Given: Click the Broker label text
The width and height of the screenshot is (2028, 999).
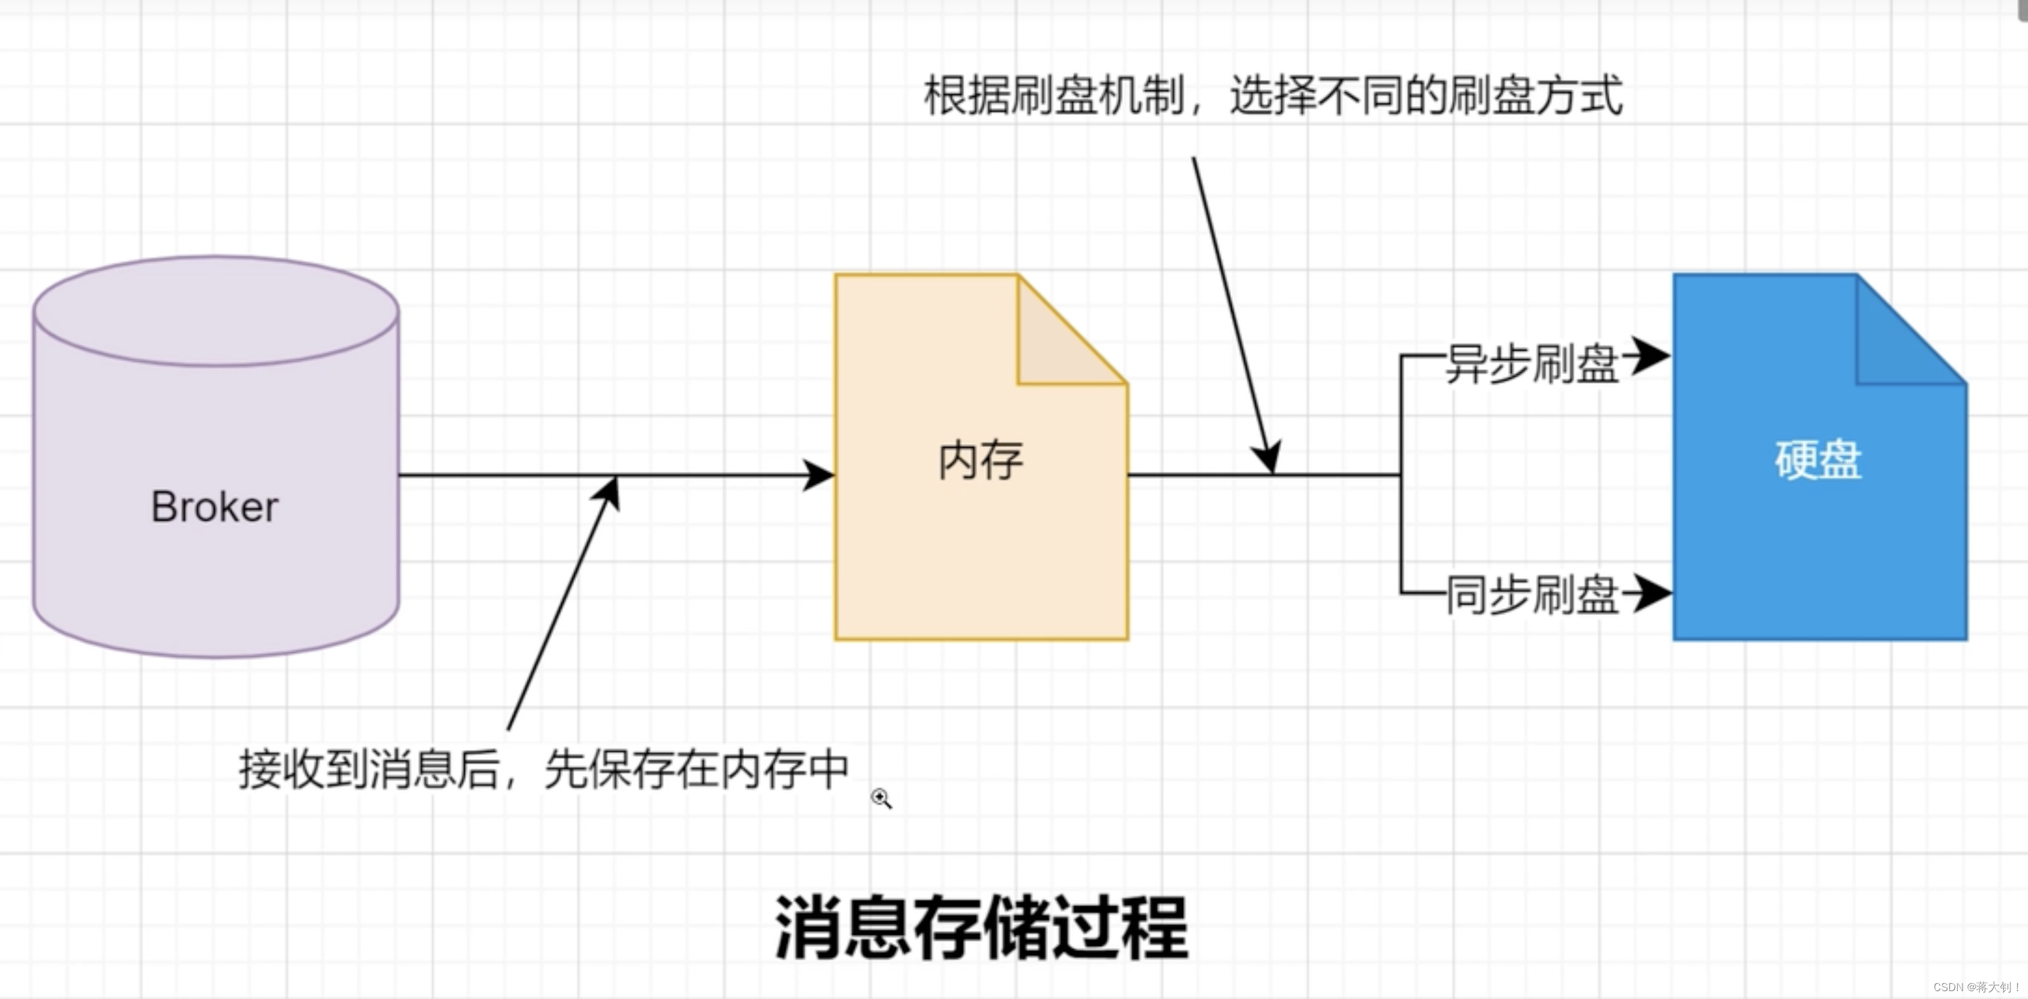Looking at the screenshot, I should coord(214,506).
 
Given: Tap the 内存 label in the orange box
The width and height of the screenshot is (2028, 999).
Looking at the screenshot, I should coord(980,461).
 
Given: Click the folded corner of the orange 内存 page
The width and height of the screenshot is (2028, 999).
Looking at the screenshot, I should coord(1055,346).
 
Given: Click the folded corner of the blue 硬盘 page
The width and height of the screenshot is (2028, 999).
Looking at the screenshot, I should coord(1894,346).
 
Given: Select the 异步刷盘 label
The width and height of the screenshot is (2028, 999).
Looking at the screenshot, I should coord(1532,364).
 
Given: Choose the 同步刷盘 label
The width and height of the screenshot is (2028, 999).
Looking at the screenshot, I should coord(1532,595).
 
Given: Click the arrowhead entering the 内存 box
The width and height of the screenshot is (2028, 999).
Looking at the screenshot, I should coord(819,475).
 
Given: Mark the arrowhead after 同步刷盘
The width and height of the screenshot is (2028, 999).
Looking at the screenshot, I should coord(1651,593).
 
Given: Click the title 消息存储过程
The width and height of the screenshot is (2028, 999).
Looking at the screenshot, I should coord(981,928).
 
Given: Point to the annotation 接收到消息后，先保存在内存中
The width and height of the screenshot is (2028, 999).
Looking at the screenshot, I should coord(543,769).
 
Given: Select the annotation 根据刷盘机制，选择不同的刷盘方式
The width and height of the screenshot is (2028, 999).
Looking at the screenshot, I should coord(1272,96).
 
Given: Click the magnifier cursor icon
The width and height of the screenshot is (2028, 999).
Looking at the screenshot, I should coord(880,798).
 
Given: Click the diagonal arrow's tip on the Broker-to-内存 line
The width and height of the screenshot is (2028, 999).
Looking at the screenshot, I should coord(614,482).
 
